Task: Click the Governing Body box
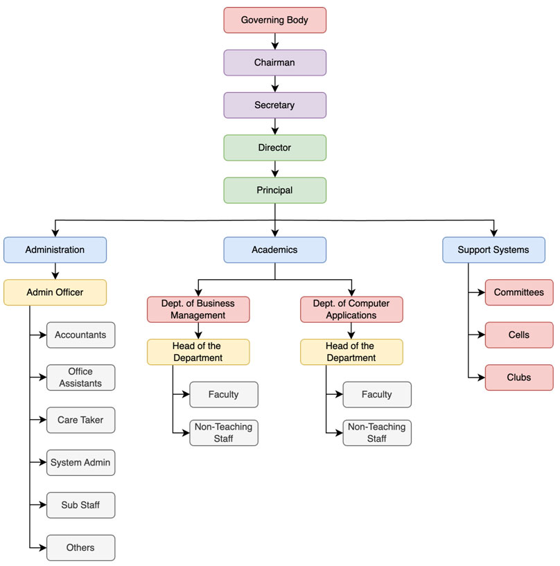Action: [x=274, y=20]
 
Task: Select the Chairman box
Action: [x=274, y=63]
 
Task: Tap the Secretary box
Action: [x=274, y=105]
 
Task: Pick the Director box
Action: [x=274, y=148]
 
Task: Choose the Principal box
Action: [x=274, y=191]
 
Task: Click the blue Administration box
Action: [x=55, y=250]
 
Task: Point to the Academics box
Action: [x=274, y=250]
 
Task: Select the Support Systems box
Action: [x=493, y=250]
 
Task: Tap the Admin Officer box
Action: [x=55, y=292]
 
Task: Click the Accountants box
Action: [x=81, y=335]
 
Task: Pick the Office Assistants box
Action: [x=81, y=378]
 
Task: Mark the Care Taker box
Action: [x=81, y=420]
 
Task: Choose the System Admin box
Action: [x=81, y=463]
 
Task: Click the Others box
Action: [x=81, y=548]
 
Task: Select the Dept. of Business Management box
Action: [x=198, y=310]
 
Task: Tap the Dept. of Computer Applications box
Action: [x=351, y=310]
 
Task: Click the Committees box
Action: [x=519, y=292]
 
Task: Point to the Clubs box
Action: [x=519, y=378]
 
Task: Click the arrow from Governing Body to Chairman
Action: [x=275, y=42]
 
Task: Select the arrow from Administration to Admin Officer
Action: [x=55, y=271]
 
